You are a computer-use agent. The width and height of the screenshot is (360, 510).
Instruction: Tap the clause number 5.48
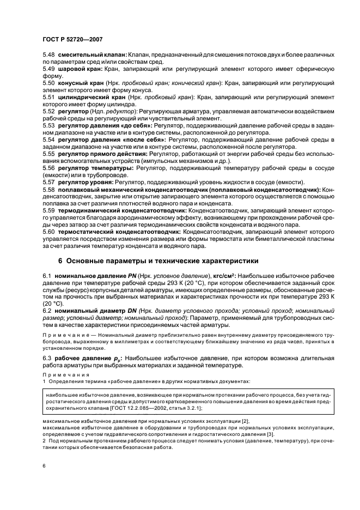click(x=49, y=56)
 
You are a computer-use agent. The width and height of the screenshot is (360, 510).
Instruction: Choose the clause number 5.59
click(x=49, y=210)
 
